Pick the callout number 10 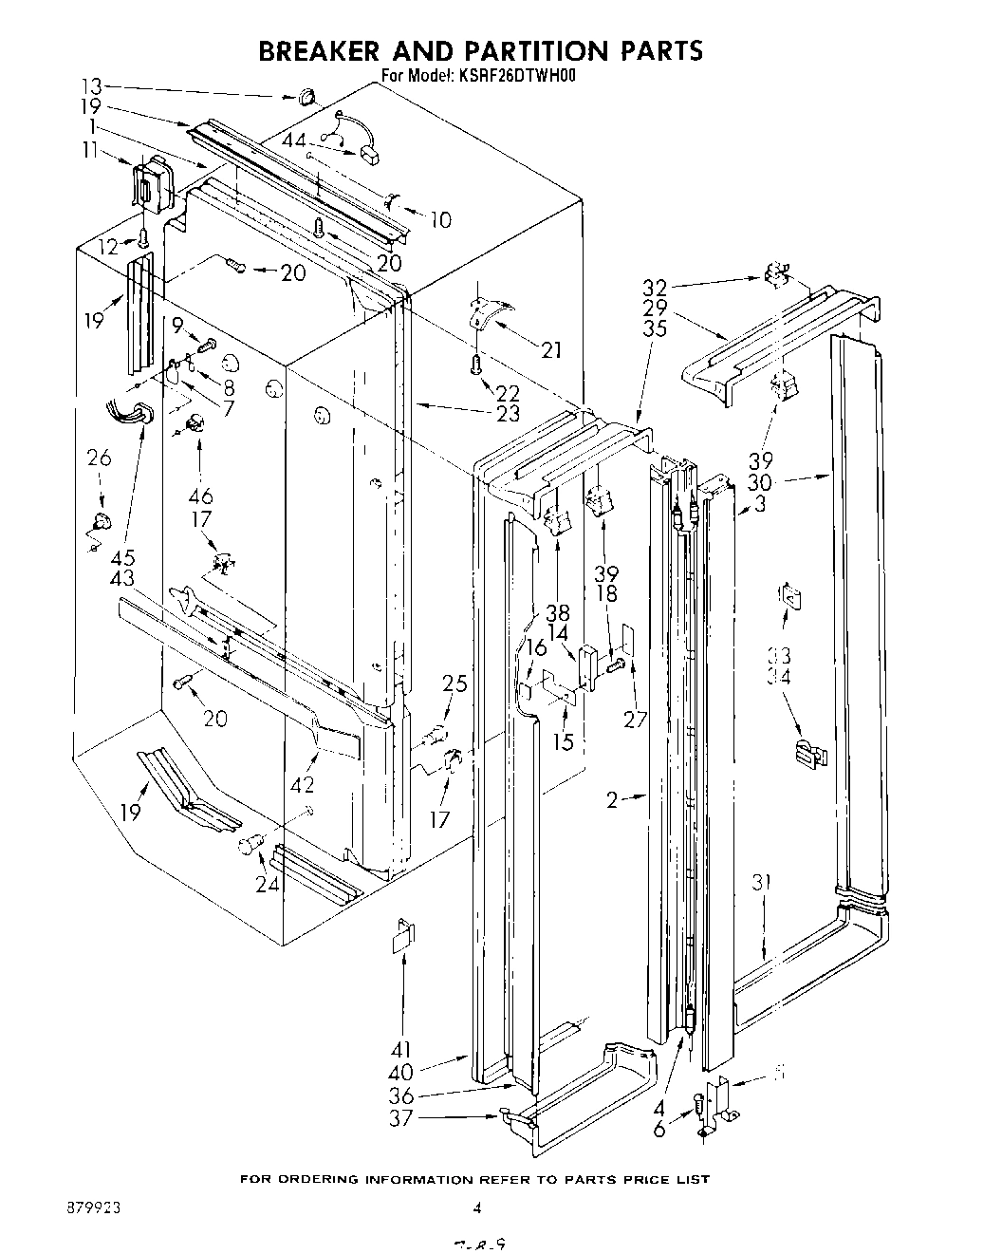[x=439, y=220]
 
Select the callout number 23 [x=508, y=413]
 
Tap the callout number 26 [x=99, y=459]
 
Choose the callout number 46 [x=200, y=496]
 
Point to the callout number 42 [x=305, y=785]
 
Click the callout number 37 [x=401, y=1118]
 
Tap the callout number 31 [x=762, y=882]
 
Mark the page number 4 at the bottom [x=478, y=1208]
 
